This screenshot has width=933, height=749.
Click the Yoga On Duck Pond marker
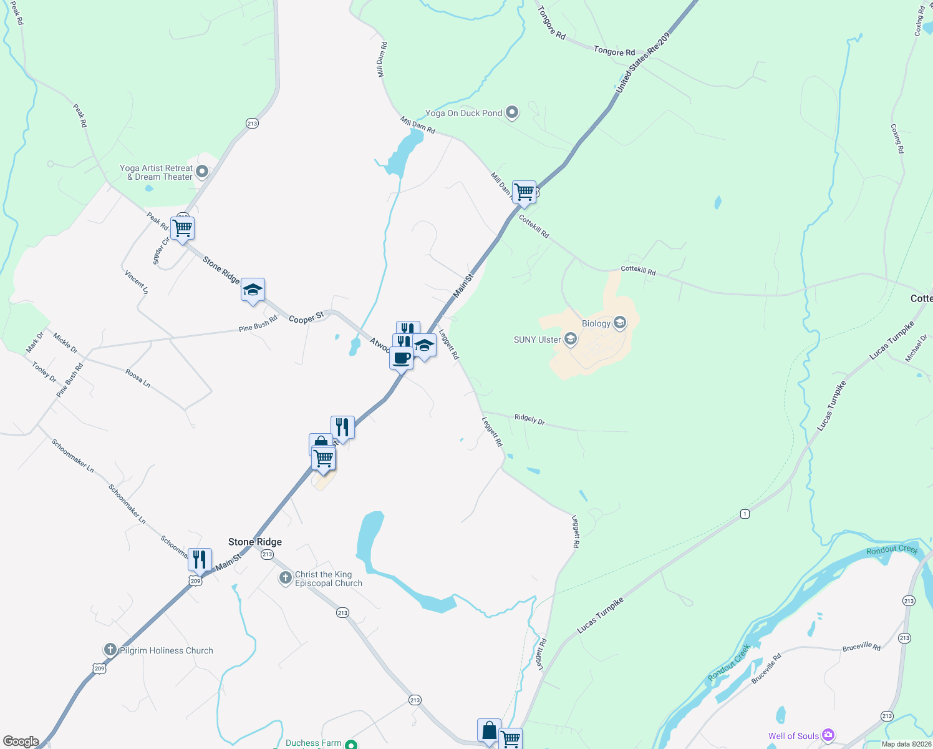512,113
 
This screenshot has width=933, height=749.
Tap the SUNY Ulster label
537,340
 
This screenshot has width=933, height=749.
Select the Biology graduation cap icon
620,323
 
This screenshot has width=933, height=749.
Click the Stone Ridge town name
254,542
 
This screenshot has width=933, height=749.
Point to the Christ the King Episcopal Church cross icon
285,578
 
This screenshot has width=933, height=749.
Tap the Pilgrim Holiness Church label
167,650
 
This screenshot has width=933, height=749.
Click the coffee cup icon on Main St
402,359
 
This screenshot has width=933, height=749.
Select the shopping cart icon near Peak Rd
182,228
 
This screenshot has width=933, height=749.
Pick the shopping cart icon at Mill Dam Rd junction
524,192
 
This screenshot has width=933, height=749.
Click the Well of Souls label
793,736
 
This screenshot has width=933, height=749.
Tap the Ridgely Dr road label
529,419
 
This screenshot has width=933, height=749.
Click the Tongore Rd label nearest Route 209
614,52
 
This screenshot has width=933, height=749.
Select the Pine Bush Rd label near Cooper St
258,324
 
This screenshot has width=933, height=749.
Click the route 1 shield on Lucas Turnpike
745,514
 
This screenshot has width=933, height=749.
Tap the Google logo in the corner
21,742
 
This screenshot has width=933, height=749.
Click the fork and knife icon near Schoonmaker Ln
200,559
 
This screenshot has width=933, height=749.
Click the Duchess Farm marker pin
351,744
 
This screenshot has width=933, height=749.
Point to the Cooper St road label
306,318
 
